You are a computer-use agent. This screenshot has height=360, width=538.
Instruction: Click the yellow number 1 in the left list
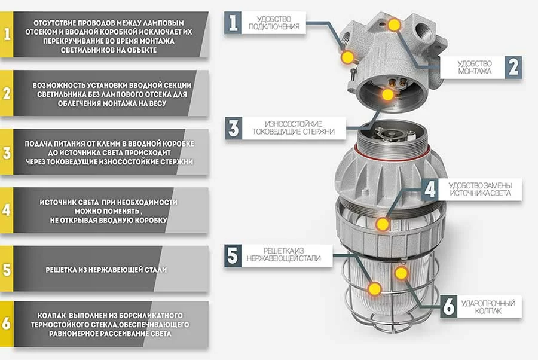tap(7, 34)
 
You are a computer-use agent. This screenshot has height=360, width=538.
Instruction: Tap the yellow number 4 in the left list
tap(7, 210)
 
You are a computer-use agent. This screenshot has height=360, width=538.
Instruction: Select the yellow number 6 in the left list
tap(7, 324)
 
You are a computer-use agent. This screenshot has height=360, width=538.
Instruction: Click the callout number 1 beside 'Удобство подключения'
tap(233, 23)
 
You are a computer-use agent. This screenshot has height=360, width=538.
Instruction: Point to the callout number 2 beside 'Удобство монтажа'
tap(513, 67)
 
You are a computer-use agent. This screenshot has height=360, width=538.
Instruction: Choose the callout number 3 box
tap(234, 128)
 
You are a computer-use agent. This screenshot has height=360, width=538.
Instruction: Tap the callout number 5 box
tap(233, 255)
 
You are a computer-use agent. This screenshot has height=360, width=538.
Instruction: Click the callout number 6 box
tap(449, 306)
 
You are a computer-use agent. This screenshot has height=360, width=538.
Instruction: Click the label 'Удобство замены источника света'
tap(480, 189)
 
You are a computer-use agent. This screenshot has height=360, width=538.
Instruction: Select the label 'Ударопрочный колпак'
tap(488, 307)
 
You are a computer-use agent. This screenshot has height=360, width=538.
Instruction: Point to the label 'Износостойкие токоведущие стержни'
tap(294, 127)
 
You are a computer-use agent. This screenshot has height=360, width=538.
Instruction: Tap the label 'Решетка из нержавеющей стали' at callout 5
tap(283, 255)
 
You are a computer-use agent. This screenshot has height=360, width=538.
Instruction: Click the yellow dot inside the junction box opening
tap(388, 94)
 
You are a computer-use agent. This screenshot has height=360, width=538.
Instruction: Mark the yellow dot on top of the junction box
tap(395, 25)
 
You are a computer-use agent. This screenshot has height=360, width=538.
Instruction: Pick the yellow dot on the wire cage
tap(375, 289)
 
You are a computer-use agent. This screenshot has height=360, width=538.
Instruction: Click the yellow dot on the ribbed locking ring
tap(382, 224)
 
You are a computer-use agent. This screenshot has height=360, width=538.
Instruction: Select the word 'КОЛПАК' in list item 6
tap(51, 315)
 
